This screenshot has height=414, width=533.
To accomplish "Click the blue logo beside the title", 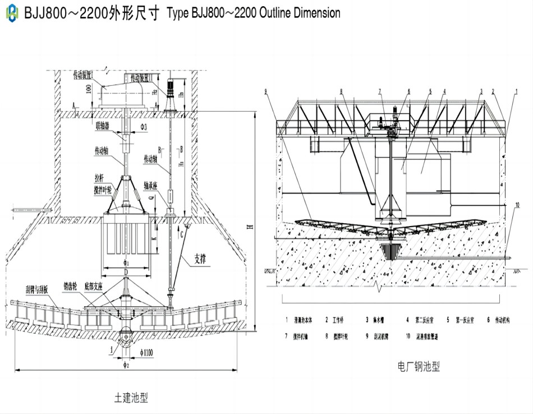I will pyautogui.click(x=11, y=13).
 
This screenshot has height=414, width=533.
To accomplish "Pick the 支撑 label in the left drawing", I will pyautogui.click(x=204, y=259).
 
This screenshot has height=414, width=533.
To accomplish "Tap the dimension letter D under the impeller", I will pyautogui.click(x=126, y=272).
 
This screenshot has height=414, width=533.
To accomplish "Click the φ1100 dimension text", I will pyautogui.click(x=148, y=353).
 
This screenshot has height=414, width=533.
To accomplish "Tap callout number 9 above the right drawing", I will pyautogui.click(x=265, y=91).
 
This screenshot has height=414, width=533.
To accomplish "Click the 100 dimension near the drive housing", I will pyautogui.click(x=88, y=89).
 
